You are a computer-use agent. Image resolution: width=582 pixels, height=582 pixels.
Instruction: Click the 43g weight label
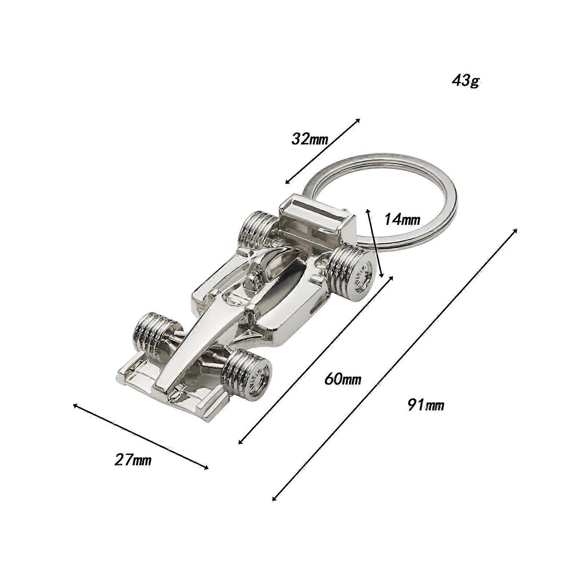pos(466,81)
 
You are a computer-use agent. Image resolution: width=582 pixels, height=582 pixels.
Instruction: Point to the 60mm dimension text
pos(343,379)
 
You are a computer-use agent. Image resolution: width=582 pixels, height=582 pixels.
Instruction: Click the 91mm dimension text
pos(426,405)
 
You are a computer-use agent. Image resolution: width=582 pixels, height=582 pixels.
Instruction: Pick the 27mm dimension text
pos(133,460)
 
